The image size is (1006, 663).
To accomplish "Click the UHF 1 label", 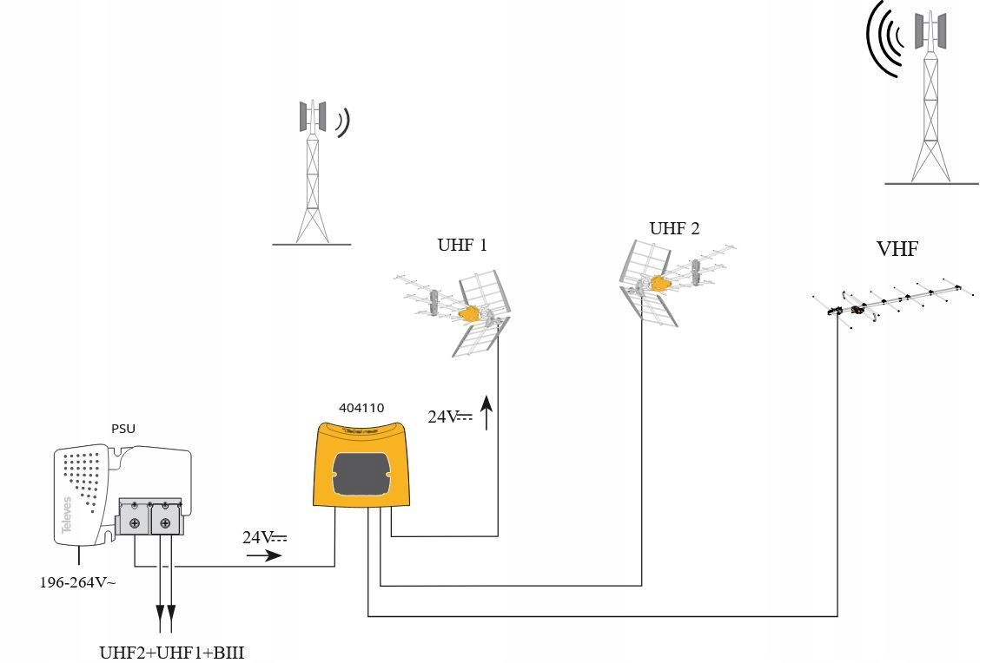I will tap(461, 246).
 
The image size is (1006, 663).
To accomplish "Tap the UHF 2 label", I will tap(674, 228).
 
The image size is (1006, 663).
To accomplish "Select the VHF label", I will tap(897, 250).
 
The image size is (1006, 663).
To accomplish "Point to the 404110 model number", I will tap(361, 407).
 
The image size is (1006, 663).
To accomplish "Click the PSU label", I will tap(123, 429).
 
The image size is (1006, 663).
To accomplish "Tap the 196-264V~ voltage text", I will tap(77, 582).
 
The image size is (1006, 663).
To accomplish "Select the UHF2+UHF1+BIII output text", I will tap(172, 652).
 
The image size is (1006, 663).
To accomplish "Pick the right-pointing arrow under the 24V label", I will tap(264, 555).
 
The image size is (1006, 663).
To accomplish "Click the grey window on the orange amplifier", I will tap(362, 473).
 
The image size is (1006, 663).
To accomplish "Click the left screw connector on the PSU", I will tap(135, 522).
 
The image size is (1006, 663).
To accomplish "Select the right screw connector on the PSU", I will tap(165, 522).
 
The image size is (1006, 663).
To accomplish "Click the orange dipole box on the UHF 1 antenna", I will tap(471, 313).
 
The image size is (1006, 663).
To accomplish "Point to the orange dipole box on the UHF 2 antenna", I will tap(661, 282).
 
